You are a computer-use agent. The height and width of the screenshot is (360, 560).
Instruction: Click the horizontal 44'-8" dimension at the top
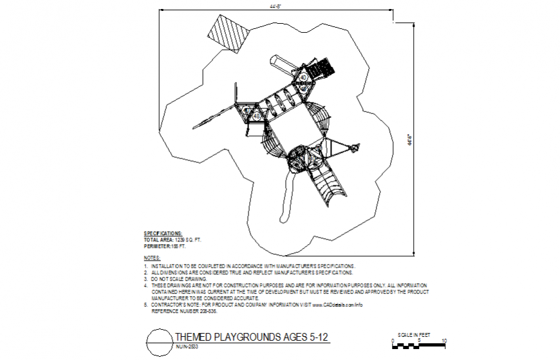(276, 6)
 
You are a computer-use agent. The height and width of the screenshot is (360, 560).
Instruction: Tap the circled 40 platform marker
(303, 77)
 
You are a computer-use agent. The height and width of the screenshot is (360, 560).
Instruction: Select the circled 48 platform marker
(256, 116)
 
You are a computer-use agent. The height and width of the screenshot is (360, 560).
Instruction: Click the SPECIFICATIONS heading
(163, 232)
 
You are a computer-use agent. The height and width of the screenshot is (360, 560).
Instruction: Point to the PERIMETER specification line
(165, 246)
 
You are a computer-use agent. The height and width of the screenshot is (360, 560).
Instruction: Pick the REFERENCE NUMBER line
(184, 311)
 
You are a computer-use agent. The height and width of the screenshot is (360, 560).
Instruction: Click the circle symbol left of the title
(159, 342)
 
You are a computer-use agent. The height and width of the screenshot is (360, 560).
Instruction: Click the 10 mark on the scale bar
(444, 340)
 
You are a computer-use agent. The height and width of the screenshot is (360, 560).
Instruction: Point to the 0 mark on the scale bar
(393, 340)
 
